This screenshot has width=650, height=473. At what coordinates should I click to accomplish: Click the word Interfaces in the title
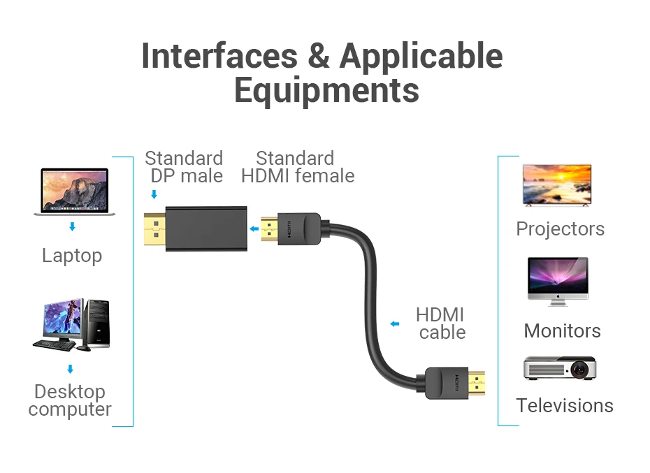[219, 56]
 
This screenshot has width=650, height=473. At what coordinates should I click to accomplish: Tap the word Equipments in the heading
[326, 90]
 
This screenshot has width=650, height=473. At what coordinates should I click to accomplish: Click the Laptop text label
[71, 256]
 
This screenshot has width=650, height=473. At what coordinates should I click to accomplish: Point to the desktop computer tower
[97, 323]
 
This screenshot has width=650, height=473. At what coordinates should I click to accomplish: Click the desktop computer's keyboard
[55, 344]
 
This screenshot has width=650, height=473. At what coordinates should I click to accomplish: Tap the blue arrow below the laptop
[71, 227]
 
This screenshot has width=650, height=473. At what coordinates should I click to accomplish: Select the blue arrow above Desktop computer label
[70, 368]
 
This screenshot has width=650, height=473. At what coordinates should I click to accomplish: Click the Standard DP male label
[184, 167]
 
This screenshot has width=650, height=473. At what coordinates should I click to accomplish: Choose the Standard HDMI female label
[297, 167]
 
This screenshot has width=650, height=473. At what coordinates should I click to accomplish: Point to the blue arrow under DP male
[154, 195]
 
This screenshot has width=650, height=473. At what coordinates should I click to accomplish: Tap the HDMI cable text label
[441, 323]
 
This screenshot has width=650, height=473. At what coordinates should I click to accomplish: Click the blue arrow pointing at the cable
[395, 323]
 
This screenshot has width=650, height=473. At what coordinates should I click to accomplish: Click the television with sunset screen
[556, 184]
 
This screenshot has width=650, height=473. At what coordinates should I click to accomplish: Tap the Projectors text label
[560, 228]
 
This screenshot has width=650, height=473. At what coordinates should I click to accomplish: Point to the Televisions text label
[564, 405]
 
